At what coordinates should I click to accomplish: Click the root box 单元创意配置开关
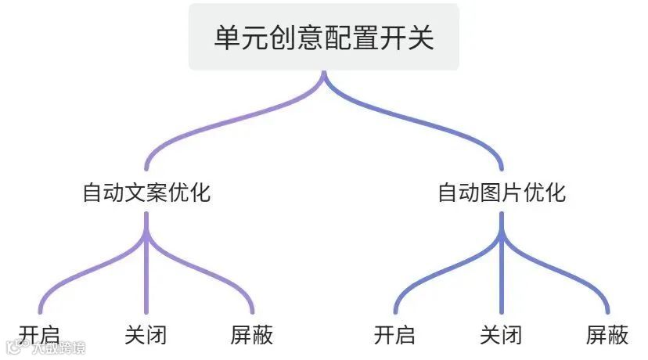(323, 38)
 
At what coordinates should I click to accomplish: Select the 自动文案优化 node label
(146, 193)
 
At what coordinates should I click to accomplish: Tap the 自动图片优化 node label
(502, 193)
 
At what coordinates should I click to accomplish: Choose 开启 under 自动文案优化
(39, 335)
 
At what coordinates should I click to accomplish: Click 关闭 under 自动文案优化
(146, 335)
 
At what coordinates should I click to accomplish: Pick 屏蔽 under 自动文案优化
(252, 335)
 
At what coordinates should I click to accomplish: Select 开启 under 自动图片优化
(394, 335)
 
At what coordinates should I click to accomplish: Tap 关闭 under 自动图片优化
(501, 335)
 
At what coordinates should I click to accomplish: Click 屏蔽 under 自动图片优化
(607, 335)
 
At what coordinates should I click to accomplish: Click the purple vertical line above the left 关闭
(146, 274)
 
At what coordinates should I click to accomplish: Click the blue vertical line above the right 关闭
(502, 274)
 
